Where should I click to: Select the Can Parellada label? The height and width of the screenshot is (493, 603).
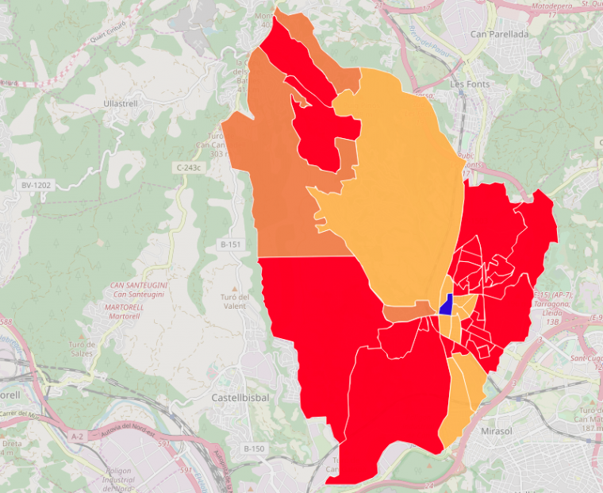499,34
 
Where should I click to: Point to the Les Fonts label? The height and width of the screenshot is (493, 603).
470,83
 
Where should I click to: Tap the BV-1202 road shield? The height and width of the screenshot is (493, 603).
36,185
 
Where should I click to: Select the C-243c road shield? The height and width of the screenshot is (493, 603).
189,168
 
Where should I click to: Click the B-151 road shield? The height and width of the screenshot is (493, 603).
230,245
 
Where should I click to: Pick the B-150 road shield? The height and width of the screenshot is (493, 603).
254,449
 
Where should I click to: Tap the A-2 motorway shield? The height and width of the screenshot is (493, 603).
77,436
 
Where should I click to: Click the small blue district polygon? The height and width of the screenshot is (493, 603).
447,305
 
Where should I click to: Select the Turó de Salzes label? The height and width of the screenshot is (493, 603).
82,349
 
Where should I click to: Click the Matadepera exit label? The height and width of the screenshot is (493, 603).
551,7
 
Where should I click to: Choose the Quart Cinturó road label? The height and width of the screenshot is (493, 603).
110,33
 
